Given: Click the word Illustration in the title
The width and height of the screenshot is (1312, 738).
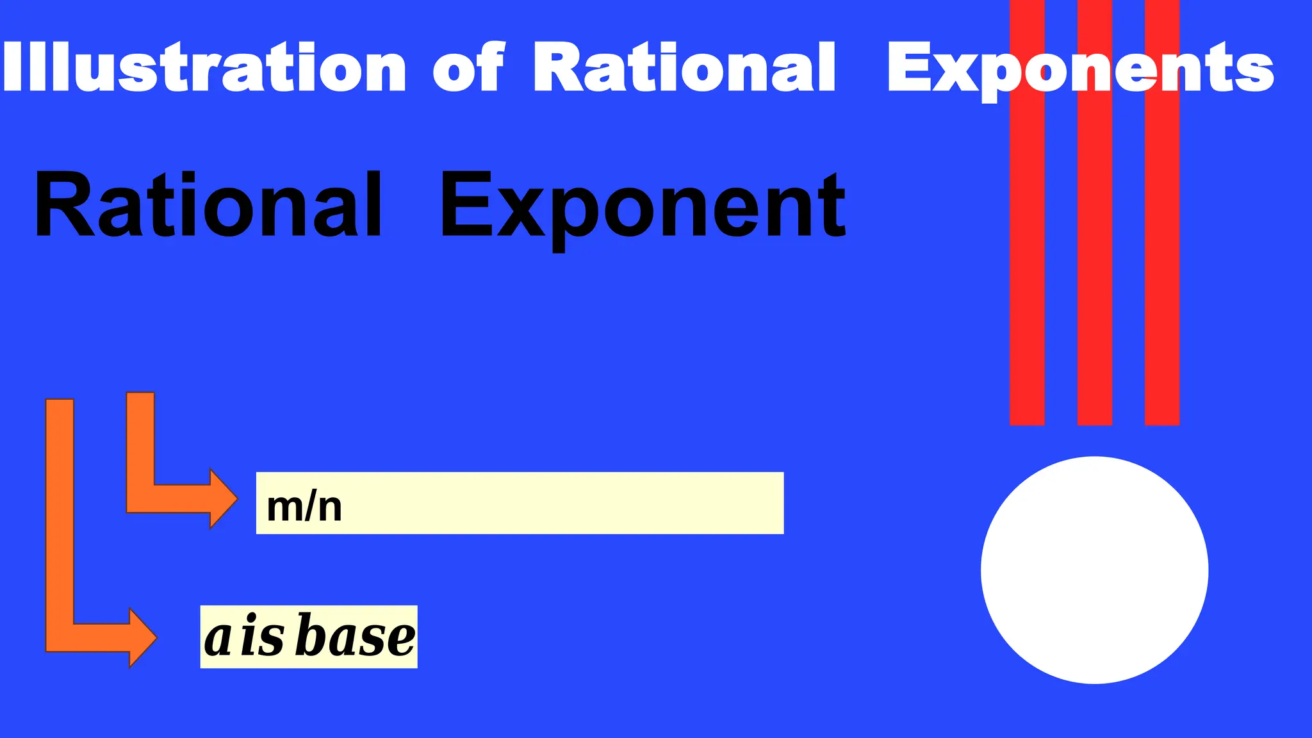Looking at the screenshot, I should point(204,67).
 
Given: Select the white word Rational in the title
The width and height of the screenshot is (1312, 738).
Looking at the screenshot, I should point(684,67).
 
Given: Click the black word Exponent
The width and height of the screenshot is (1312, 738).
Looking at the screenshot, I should point(643,206).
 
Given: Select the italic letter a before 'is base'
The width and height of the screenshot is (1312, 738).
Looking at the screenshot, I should point(218,638).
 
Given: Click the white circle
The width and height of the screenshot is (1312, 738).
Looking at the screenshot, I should point(1094,570).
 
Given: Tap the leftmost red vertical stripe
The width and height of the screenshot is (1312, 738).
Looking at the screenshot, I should point(1027,256).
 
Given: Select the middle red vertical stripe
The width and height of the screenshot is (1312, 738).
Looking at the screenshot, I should point(1094,256).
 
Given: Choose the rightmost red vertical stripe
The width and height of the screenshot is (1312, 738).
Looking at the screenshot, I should point(1161,256).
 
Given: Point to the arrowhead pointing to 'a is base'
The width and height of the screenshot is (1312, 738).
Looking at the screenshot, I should point(142,637).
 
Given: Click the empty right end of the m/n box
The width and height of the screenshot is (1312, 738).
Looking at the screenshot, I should point(705,503).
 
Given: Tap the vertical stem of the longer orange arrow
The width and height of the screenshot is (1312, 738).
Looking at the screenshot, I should point(60,512).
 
